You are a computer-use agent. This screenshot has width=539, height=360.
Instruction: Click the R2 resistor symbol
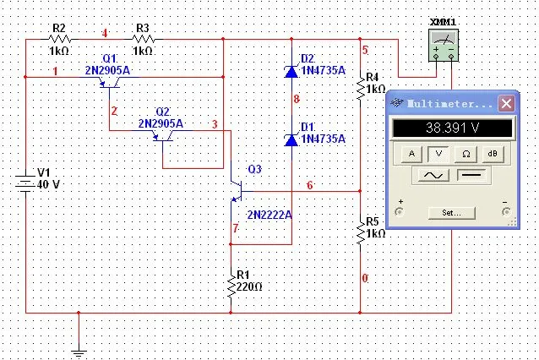click(x=60, y=39)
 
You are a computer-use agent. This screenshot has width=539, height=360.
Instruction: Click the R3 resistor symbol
click(x=144, y=39)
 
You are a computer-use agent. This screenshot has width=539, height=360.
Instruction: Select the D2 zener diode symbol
click(x=291, y=72)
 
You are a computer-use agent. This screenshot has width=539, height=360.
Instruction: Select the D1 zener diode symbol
click(x=291, y=140)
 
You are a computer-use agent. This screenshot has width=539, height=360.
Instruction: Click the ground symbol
click(x=79, y=353)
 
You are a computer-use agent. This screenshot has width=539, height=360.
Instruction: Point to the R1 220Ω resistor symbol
click(x=231, y=285)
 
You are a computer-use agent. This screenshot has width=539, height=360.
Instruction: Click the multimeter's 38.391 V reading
click(x=452, y=128)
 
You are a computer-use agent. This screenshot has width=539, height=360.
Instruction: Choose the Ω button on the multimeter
click(x=465, y=154)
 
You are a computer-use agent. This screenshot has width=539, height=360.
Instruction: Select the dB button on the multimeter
click(x=493, y=154)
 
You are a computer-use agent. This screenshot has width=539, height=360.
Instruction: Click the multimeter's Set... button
click(x=452, y=213)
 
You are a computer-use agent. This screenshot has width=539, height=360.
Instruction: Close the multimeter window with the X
click(x=506, y=103)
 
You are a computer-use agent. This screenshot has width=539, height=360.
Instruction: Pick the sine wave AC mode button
click(x=433, y=176)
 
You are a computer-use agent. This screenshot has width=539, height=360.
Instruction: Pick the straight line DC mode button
click(x=471, y=176)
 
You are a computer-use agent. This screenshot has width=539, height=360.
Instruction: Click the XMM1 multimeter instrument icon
click(x=444, y=46)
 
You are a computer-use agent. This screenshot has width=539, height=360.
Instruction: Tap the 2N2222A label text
click(x=269, y=215)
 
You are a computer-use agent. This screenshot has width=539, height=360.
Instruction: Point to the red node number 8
click(x=297, y=99)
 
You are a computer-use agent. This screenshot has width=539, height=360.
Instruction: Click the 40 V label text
click(x=48, y=184)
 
